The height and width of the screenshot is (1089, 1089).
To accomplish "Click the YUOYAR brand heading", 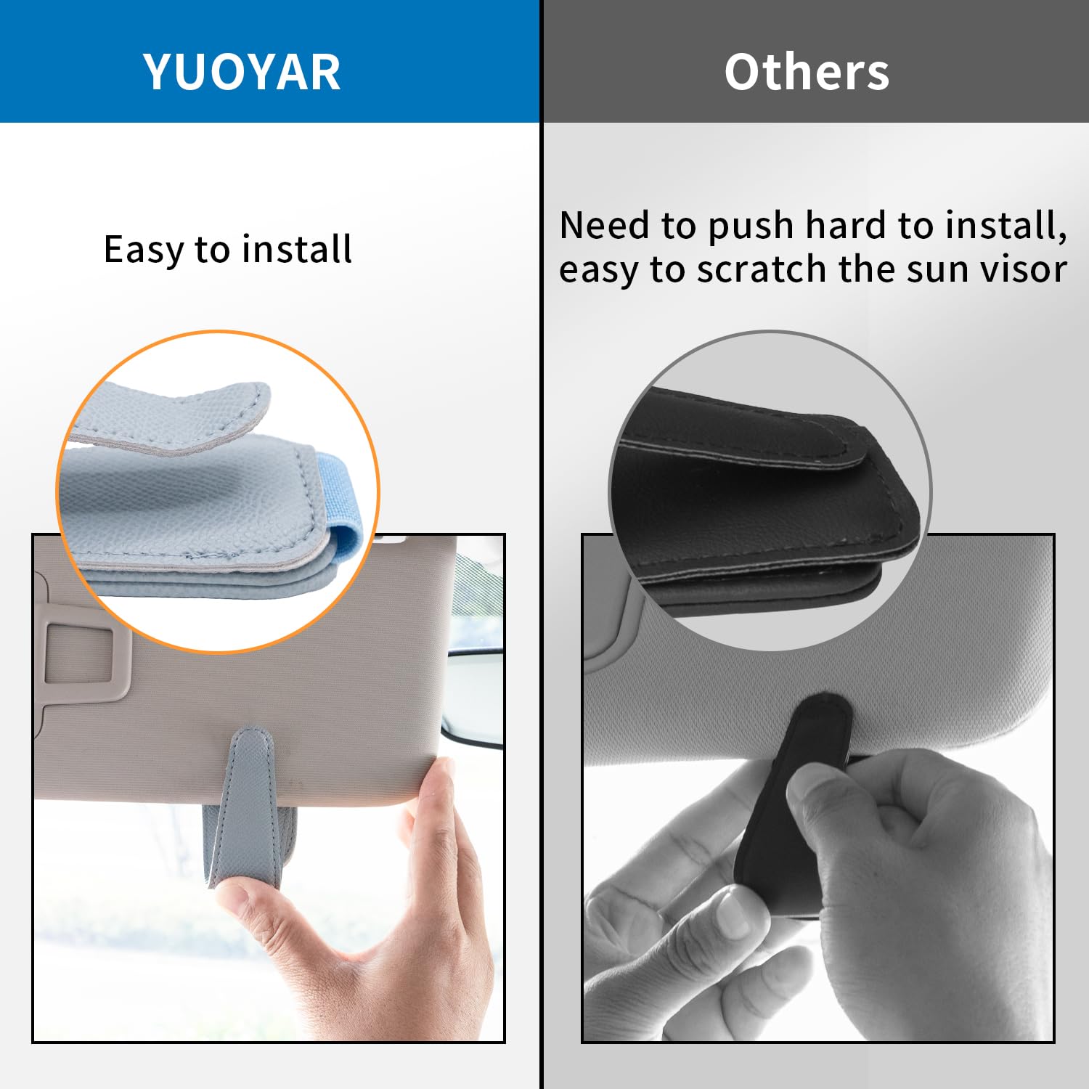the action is tap(242, 72).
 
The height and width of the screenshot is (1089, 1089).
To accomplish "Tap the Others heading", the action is tap(807, 72).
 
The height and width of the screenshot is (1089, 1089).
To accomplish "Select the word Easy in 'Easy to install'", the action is tap(144, 250).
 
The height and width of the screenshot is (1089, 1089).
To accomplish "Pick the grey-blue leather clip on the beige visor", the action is tap(250, 806).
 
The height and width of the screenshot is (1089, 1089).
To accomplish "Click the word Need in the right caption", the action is tap(605, 225).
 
